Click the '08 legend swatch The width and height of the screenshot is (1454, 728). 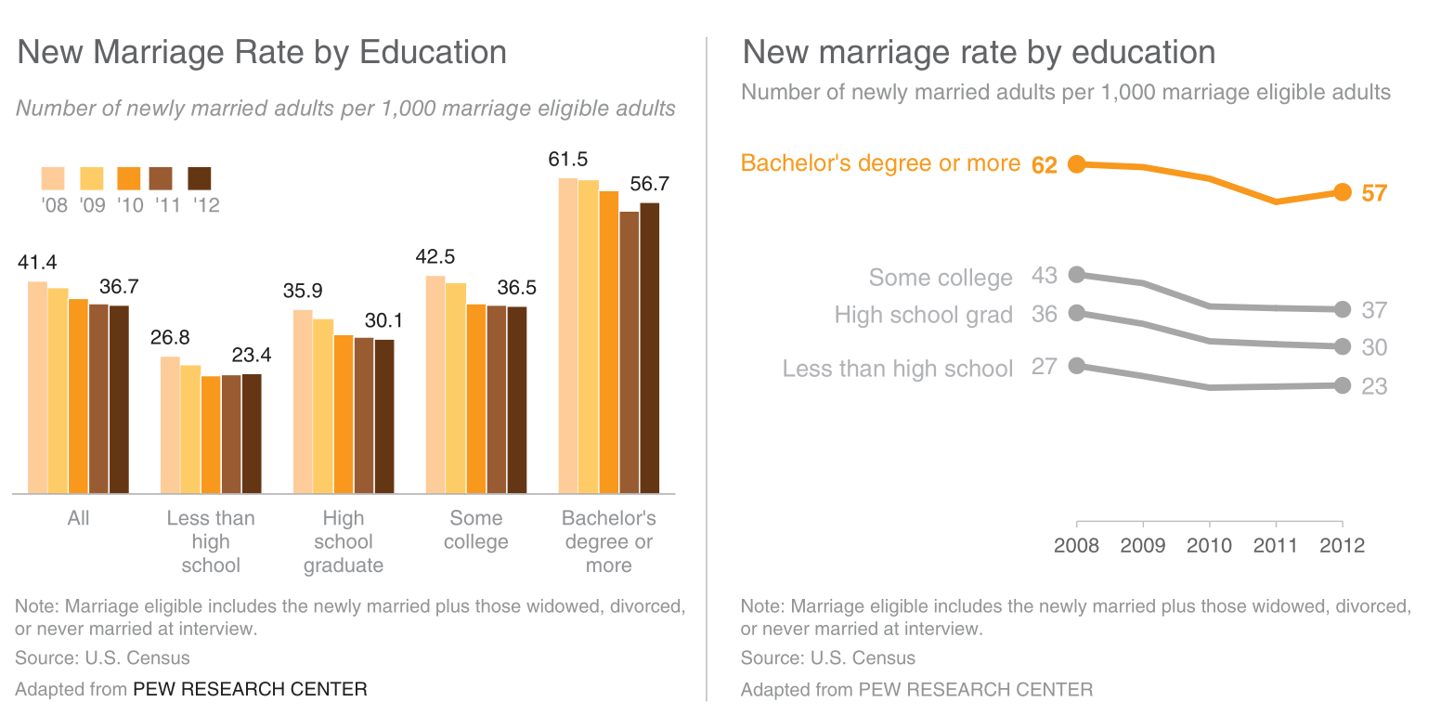[x=53, y=178]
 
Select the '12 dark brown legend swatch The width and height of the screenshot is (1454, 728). [x=200, y=178]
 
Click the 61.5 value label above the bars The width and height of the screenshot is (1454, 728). [x=567, y=160]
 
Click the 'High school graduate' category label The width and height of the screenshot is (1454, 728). [x=344, y=541]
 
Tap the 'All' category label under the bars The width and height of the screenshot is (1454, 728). [x=78, y=518]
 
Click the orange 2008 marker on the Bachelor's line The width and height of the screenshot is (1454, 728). [x=1076, y=164]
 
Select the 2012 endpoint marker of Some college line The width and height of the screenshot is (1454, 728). [x=1342, y=309]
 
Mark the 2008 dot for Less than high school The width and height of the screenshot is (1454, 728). [x=1076, y=366]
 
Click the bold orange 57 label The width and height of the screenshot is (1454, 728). [x=1373, y=194]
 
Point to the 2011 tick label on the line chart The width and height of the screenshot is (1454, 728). [x=1276, y=545]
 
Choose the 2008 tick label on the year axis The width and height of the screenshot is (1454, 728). [x=1076, y=545]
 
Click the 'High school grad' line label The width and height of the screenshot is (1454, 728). [x=923, y=315]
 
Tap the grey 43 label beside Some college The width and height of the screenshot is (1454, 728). [x=1044, y=276]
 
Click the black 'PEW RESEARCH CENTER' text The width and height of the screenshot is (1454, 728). [x=250, y=689]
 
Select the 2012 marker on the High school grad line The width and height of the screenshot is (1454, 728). [x=1342, y=346]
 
